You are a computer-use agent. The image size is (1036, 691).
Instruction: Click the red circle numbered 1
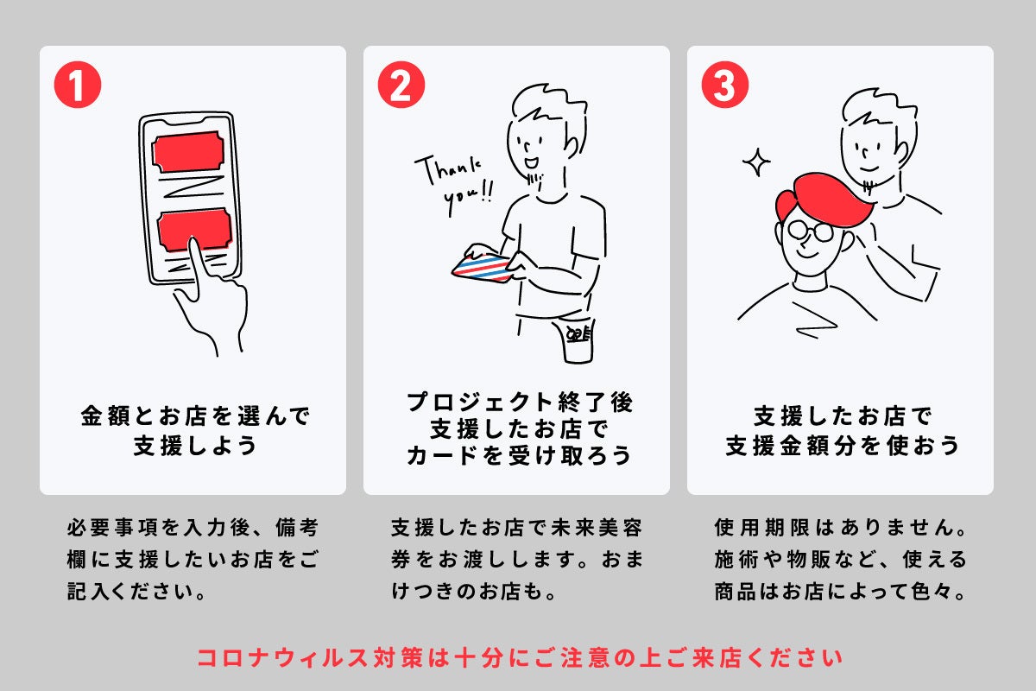(78, 85)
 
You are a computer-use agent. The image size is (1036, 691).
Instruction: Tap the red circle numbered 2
(401, 85)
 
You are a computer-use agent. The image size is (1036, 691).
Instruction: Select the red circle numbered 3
(724, 85)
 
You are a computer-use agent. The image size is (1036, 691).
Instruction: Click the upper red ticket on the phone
(188, 152)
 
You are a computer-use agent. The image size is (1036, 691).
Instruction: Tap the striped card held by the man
(481, 268)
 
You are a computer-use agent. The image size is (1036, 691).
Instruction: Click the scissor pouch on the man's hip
(578, 340)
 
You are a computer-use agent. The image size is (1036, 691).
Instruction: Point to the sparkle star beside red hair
(756, 162)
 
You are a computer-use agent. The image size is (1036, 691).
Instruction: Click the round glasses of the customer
(811, 231)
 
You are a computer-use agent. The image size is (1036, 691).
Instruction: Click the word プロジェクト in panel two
(480, 402)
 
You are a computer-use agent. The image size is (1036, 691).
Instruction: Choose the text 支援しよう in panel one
(195, 445)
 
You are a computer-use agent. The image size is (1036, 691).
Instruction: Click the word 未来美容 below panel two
(597, 527)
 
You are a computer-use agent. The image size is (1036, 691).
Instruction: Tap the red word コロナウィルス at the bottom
(283, 657)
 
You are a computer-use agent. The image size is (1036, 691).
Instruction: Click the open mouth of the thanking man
(531, 163)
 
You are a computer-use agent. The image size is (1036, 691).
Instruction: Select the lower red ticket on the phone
(194, 230)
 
